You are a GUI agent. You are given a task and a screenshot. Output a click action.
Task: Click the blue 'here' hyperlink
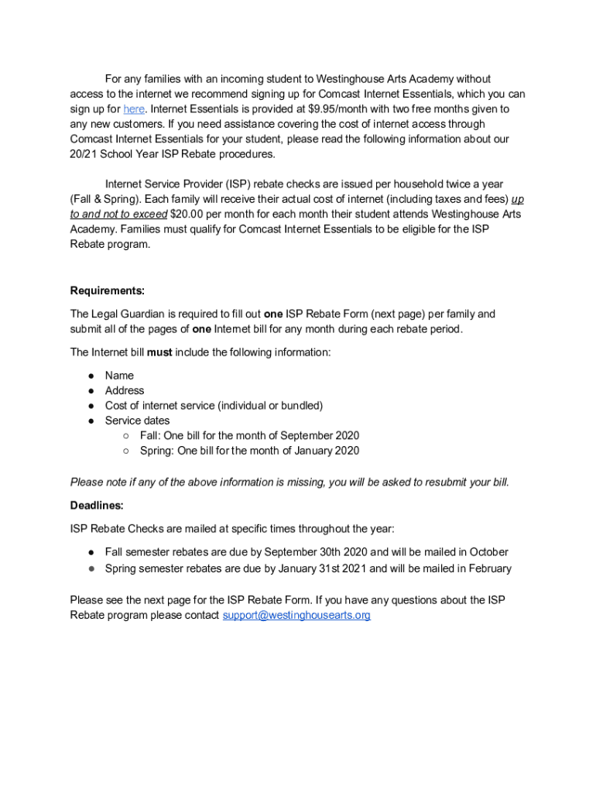(134, 109)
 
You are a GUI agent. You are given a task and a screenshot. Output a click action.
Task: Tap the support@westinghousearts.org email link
(296, 616)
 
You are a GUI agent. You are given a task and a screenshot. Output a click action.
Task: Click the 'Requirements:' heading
(108, 291)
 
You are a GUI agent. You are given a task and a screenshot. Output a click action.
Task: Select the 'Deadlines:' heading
(97, 505)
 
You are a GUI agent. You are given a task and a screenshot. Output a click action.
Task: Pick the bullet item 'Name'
(119, 376)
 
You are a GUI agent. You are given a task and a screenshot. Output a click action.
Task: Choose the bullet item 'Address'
(125, 390)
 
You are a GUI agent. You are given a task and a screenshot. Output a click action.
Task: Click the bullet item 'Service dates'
(137, 421)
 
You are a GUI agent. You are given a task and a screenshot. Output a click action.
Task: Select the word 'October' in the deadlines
(487, 552)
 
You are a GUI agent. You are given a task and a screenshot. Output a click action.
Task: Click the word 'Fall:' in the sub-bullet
(152, 436)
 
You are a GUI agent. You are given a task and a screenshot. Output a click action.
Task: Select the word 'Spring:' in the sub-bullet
(156, 451)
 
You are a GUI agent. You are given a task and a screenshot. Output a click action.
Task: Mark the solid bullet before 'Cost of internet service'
(91, 406)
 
